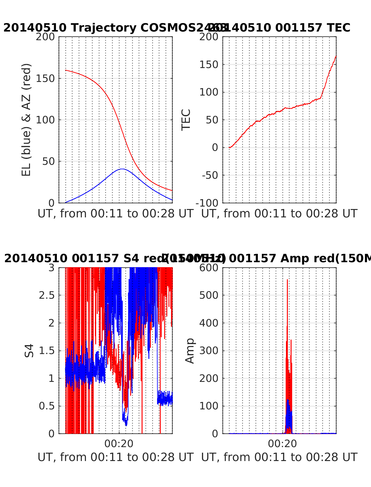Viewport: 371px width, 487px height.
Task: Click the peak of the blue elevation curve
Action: pyautogui.click(x=122, y=169)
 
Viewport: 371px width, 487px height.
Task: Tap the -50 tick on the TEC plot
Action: pyautogui.click(x=210, y=175)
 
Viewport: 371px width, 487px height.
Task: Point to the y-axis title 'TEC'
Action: pyautogui.click(x=186, y=120)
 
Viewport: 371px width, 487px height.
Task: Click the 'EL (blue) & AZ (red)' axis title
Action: pyautogui.click(x=27, y=120)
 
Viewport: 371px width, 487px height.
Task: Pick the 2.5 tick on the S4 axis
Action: pyautogui.click(x=46, y=295)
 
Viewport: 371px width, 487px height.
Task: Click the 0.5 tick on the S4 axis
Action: pyautogui.click(x=46, y=406)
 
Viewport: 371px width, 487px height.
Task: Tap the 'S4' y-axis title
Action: pyautogui.click(x=29, y=351)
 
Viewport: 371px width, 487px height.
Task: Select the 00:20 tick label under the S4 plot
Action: pyautogui.click(x=119, y=444)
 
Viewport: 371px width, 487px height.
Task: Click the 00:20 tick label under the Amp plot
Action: pyautogui.click(x=283, y=444)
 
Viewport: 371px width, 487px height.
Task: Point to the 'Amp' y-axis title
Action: pyautogui.click(x=190, y=351)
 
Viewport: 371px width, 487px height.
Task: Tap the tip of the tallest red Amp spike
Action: pyautogui.click(x=287, y=280)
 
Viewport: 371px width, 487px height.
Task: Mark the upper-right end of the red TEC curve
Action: pyautogui.click(x=336, y=56)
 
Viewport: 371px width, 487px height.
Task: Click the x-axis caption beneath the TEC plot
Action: pyautogui.click(x=279, y=214)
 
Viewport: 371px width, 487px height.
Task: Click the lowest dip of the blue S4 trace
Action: pyautogui.click(x=126, y=425)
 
